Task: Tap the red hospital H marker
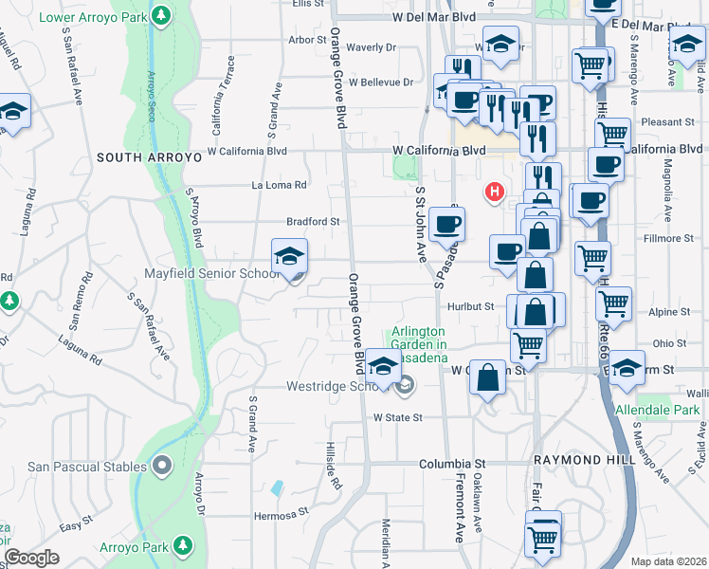tap(493, 193)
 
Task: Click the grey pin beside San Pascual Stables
tap(161, 466)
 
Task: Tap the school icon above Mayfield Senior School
tap(290, 255)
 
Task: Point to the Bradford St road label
tap(314, 222)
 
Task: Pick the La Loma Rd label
tap(279, 185)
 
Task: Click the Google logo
tap(32, 559)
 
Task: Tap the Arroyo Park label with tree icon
tap(156, 547)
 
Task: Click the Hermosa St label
tap(282, 517)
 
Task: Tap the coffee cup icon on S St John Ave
tap(445, 225)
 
